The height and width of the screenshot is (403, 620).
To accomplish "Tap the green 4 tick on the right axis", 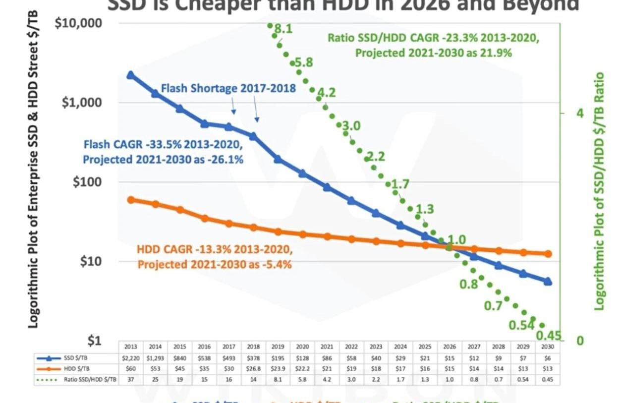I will [x=579, y=114].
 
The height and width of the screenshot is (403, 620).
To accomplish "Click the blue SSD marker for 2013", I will [x=130, y=75].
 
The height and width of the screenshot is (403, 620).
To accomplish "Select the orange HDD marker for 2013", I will [x=131, y=200].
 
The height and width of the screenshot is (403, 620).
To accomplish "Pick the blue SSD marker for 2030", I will [x=548, y=282].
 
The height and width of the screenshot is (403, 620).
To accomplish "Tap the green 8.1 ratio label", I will [x=283, y=29].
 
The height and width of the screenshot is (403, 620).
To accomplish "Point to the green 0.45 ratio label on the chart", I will [x=549, y=336].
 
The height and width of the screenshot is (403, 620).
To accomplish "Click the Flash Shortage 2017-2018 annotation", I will [x=228, y=88].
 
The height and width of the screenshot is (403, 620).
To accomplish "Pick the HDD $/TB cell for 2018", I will [x=253, y=369].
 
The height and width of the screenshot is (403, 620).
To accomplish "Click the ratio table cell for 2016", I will [x=204, y=380].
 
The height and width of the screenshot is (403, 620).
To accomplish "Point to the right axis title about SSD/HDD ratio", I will [x=600, y=191].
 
